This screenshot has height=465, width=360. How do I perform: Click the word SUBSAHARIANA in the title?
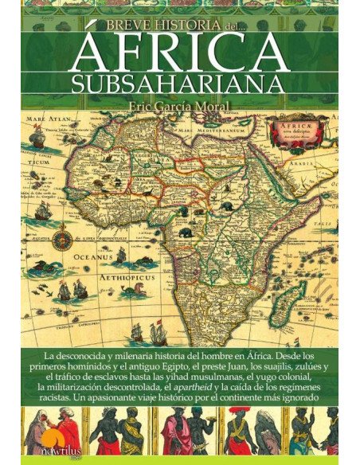(180, 84)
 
